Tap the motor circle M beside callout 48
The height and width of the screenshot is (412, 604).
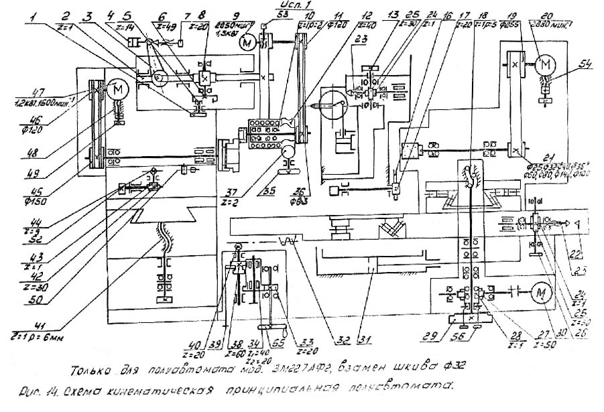tap(119, 89)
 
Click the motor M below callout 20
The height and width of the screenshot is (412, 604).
tap(545, 64)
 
